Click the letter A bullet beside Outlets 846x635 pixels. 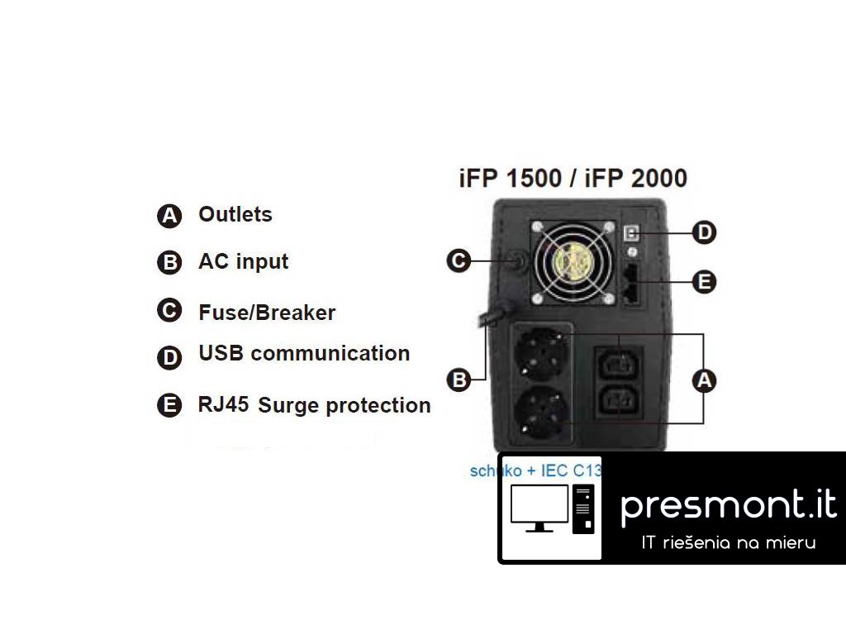click(169, 216)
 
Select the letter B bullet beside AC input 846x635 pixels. click(169, 263)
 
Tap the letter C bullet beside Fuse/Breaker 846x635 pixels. click(169, 310)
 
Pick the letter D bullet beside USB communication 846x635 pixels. click(169, 357)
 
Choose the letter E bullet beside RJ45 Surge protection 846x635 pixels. click(169, 405)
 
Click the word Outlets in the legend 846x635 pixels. click(235, 214)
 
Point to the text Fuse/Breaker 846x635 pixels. click(267, 313)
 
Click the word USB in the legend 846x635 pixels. click(221, 353)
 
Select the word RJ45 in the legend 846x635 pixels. click(224, 405)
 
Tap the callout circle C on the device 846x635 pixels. click(459, 261)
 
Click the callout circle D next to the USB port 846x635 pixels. click(704, 232)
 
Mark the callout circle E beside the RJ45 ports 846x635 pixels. click(704, 282)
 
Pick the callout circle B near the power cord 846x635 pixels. click(459, 380)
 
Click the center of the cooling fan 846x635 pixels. click(575, 262)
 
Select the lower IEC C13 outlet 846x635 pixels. click(619, 404)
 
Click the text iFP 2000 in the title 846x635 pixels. click(636, 178)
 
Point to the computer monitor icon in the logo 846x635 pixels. click(539, 508)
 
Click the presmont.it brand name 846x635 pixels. click(728, 504)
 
